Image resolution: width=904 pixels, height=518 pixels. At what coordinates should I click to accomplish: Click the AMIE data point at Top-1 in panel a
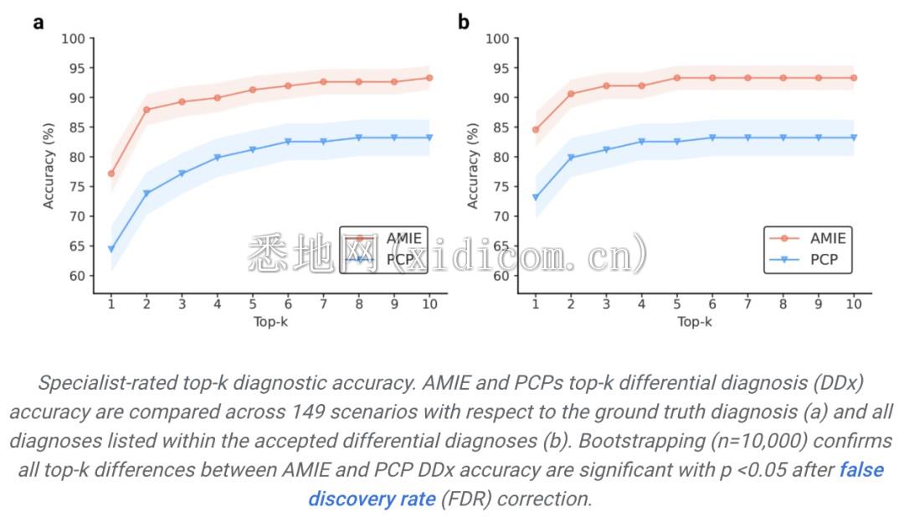[x=110, y=174]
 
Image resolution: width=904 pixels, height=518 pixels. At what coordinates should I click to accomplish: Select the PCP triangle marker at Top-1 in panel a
[x=110, y=249]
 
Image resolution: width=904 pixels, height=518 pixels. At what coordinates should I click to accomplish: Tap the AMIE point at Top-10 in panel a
[x=429, y=78]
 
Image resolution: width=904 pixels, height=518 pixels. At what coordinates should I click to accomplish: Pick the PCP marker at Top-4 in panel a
[x=217, y=158]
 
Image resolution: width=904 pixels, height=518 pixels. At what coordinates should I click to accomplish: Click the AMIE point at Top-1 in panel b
[x=535, y=130]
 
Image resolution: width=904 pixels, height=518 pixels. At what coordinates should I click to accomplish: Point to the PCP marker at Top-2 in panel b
[x=571, y=158]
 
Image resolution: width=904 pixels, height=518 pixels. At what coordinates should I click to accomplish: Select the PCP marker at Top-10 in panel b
[x=854, y=137]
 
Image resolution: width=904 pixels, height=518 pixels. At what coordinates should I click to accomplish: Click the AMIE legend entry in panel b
[x=807, y=238]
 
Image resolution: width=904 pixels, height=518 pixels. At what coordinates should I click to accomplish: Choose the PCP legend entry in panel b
[x=807, y=260]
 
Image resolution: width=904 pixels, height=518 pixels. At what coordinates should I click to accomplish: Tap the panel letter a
[x=38, y=23]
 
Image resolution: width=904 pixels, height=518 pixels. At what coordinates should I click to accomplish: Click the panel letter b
[x=463, y=23]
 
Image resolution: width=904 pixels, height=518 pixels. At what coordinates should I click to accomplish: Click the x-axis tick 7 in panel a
[x=323, y=304]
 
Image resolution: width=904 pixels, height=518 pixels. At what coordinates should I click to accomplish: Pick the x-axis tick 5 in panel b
[x=676, y=304]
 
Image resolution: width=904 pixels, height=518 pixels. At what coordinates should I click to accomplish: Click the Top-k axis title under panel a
[x=270, y=322]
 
